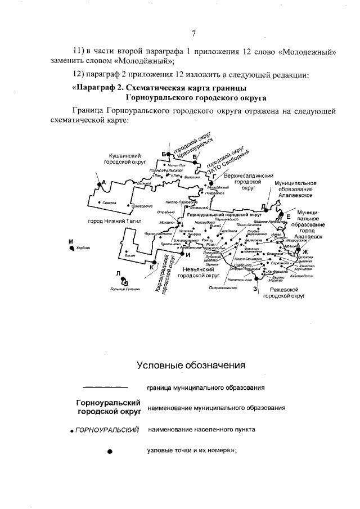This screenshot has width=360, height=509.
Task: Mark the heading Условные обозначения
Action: click(191, 366)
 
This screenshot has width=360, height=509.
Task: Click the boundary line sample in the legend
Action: click(105, 387)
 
